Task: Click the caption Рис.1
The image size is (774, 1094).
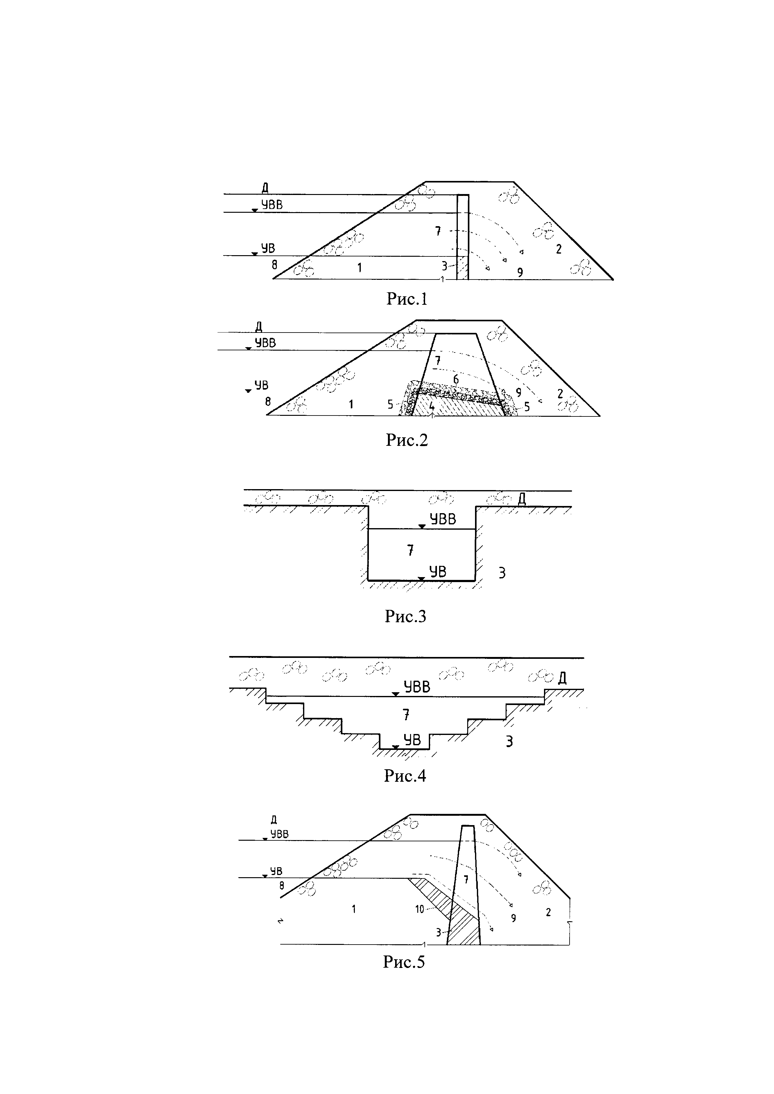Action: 407,299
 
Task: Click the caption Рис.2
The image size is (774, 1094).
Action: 407,440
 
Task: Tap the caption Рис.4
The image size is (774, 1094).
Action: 405,776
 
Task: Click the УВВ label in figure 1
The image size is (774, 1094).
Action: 271,205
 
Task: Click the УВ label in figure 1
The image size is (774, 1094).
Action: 268,248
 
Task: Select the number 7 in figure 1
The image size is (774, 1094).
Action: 438,231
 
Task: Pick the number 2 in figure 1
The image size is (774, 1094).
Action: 559,249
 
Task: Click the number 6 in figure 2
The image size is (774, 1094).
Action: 456,380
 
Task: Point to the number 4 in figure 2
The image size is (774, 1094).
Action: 431,406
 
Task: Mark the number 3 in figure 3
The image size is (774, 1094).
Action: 502,573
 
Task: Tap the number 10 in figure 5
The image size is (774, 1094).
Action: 419,909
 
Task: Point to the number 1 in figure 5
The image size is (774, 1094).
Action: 354,909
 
